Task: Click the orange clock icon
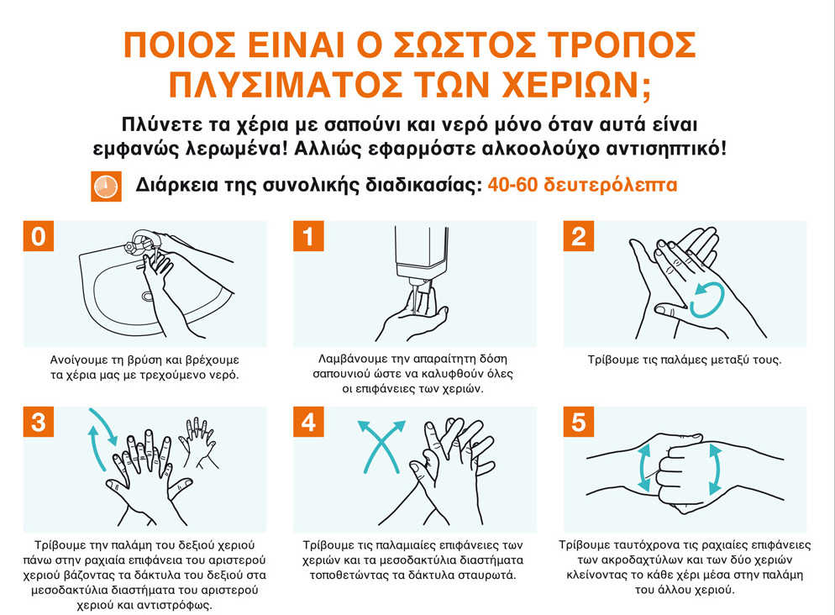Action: tap(106, 186)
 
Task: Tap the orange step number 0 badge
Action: tap(39, 236)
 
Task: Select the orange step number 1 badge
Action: tap(308, 236)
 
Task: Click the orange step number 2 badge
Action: tap(579, 236)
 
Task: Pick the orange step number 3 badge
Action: tap(39, 422)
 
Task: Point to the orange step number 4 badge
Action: tap(308, 422)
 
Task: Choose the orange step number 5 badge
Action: tap(579, 422)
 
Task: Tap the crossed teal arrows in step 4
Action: tap(381, 446)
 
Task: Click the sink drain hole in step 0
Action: tap(148, 296)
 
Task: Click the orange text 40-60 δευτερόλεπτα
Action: tap(582, 185)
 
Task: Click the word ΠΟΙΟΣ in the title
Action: tap(180, 45)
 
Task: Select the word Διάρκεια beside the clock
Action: tap(176, 185)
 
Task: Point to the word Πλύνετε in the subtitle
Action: tap(155, 124)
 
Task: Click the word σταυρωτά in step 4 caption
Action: tap(489, 576)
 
